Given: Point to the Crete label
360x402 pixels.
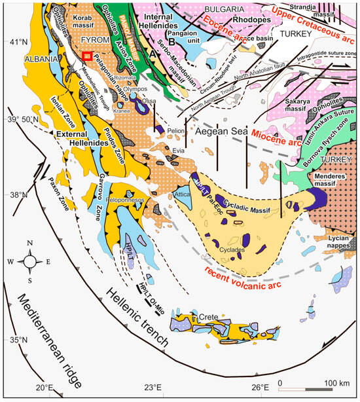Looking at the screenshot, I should pos(209,316).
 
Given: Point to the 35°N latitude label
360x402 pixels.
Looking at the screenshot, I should pos(14,339).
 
